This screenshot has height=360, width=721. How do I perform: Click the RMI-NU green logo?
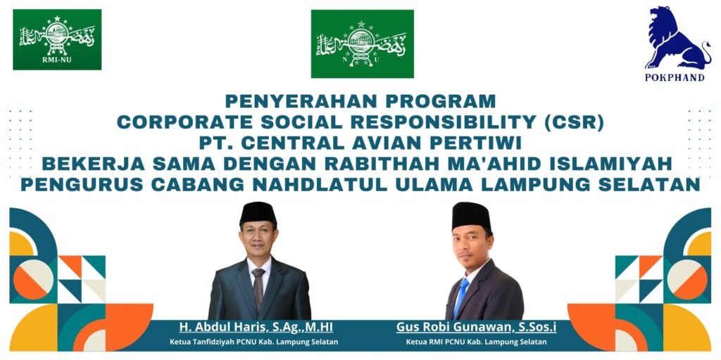pos(57,39)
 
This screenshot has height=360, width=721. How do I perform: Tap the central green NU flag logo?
pos(363,44)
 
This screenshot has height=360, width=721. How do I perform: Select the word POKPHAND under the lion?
pos(675,77)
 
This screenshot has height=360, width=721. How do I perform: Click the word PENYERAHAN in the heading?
pos(292,100)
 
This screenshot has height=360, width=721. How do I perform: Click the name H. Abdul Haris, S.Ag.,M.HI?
pos(256,328)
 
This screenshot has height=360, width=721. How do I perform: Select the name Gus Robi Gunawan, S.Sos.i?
pos(477,328)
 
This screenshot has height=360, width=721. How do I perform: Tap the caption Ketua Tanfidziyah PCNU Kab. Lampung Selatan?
pos(254,342)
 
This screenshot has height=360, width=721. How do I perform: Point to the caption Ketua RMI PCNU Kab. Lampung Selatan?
pos(477,342)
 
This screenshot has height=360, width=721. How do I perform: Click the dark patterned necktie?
pos(258,289)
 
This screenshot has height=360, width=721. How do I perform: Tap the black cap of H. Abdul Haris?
pos(258,213)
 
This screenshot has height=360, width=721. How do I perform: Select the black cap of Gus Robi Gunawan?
pos(471,216)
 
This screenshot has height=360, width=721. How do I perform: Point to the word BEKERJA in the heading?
pos(87,164)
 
